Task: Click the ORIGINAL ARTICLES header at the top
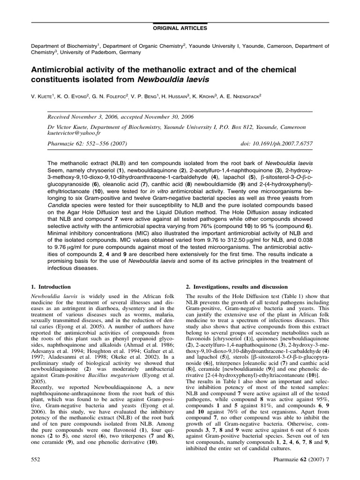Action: [x=180, y=29]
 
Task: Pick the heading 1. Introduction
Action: [x=51, y=286]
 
